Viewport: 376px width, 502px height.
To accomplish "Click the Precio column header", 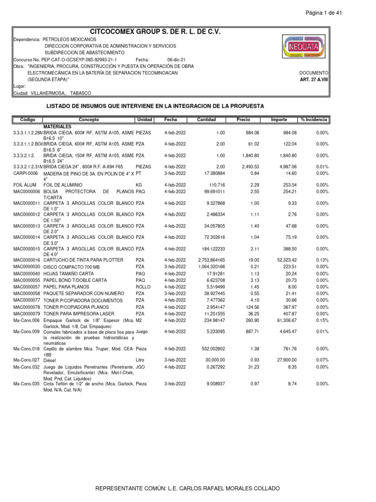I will tap(243, 120).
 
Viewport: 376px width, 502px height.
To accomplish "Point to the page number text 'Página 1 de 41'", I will tap(324, 13).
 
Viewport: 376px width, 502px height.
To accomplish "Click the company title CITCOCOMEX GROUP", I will tap(155, 31).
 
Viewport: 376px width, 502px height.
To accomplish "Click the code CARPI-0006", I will tap(25, 174).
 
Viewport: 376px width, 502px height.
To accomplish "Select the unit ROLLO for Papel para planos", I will tap(142, 287).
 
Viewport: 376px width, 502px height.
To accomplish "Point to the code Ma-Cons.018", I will tap(26, 349).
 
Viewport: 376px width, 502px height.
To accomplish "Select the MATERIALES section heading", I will tap(58, 126).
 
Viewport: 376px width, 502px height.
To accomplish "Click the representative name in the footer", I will tap(188, 489).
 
